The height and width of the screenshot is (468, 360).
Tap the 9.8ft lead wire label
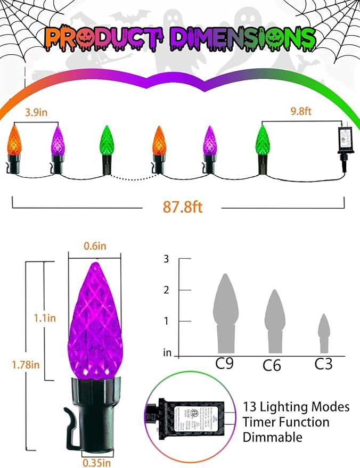[298, 112]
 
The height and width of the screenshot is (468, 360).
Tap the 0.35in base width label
[98, 461]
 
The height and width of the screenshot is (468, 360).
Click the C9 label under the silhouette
[225, 364]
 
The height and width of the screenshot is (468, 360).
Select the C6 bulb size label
[272, 365]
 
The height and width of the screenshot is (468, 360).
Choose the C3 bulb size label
[323, 364]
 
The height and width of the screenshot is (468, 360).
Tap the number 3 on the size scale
[166, 259]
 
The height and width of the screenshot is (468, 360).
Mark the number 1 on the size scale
[166, 321]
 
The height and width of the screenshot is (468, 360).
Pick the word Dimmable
[273, 438]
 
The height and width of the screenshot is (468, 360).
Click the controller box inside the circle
[192, 416]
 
